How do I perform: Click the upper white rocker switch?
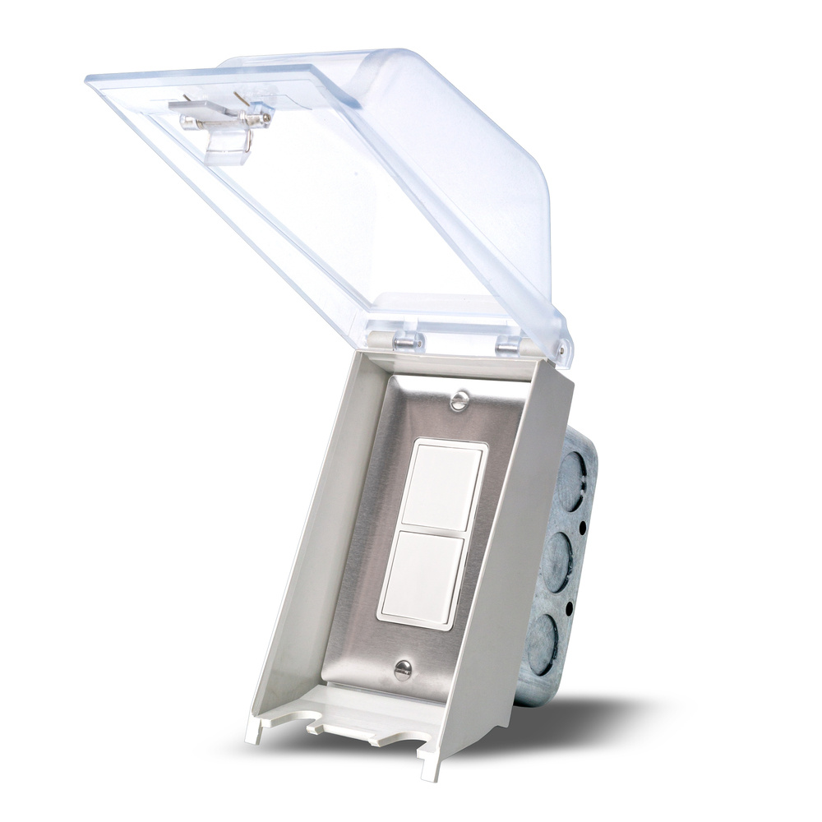[x=444, y=487]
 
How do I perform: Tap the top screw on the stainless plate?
[x=460, y=400]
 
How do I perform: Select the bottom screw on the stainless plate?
[x=402, y=670]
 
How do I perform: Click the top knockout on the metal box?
[x=575, y=477]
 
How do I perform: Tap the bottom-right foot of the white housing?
[x=431, y=769]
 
